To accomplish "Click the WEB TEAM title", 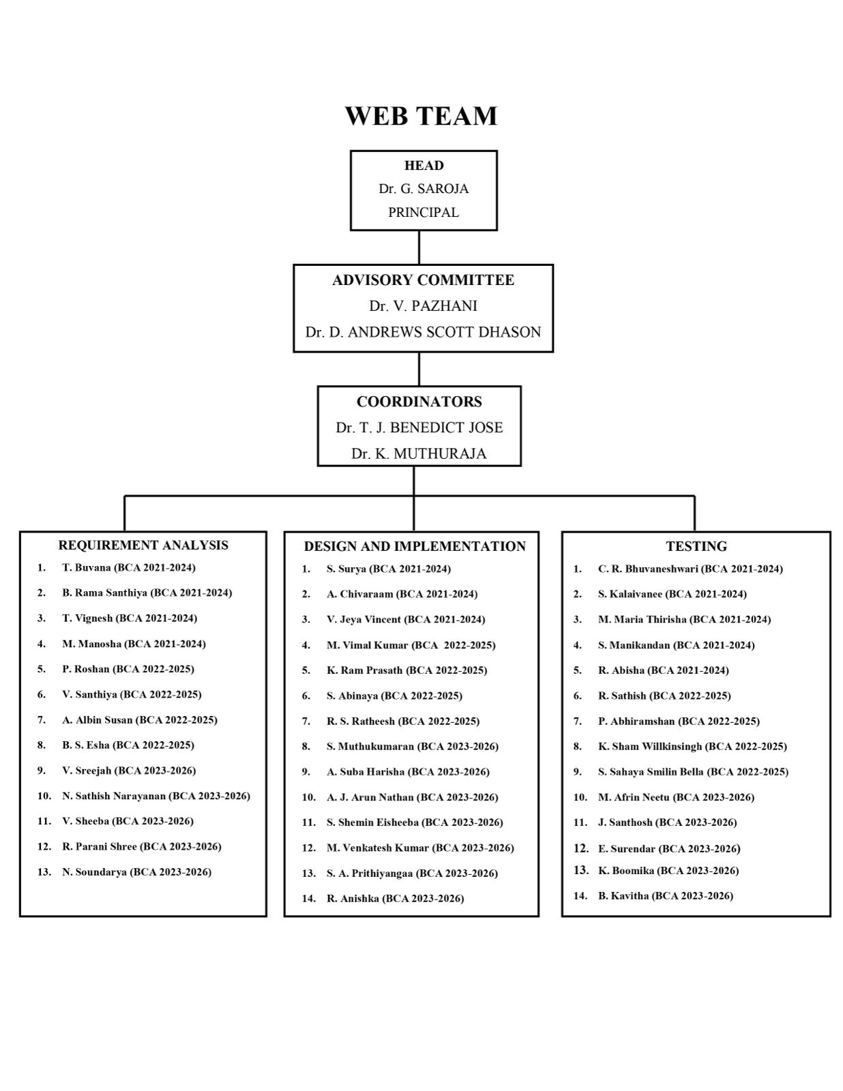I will coord(421,116).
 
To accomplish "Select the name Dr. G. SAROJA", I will coord(424,189).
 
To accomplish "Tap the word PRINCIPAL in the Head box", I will coord(424,213).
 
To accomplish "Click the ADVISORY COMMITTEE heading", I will coord(423,280).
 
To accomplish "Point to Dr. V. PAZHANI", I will coord(423,306).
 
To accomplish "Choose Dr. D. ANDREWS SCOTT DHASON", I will coord(423,332).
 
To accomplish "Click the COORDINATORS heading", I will coord(419,402).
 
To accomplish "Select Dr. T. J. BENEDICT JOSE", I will coord(419,428).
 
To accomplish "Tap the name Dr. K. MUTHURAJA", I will coord(419,454).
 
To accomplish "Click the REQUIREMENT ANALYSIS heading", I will coord(143,545).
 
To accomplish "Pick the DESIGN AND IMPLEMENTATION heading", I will coord(415,547).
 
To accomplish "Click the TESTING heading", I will coord(696,547).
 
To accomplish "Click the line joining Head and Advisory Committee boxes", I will coord(419,248).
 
